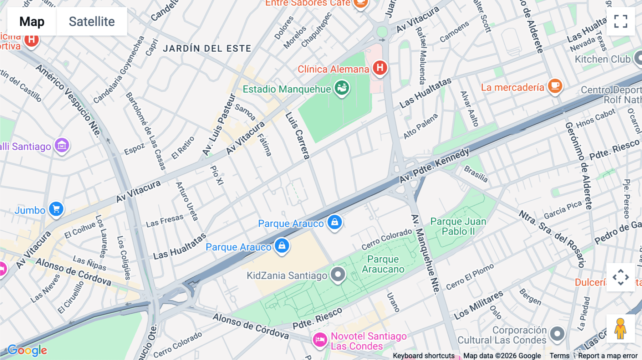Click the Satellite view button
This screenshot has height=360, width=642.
[92, 21]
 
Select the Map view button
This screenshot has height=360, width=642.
[32, 21]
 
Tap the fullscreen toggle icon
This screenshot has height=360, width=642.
[621, 21]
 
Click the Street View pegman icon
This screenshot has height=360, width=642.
[620, 329]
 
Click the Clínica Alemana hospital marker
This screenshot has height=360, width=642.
[380, 67]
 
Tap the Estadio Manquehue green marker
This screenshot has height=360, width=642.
[342, 87]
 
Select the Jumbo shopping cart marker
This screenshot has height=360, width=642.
[56, 209]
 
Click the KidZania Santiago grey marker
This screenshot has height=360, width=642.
[338, 274]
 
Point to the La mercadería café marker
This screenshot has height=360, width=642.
[555, 86]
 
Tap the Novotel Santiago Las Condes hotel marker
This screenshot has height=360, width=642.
[320, 340]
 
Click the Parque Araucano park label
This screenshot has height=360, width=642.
[383, 264]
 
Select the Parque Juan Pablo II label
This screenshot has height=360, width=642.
[458, 226]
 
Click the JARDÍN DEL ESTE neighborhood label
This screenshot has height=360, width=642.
[207, 48]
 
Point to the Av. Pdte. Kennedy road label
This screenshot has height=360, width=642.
[434, 166]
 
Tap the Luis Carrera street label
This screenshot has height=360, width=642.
[297, 135]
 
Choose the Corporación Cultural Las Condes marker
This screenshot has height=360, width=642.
[557, 334]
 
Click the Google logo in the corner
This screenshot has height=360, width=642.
[27, 350]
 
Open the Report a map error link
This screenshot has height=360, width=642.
[608, 356]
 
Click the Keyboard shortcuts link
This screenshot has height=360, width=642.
[423, 356]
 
